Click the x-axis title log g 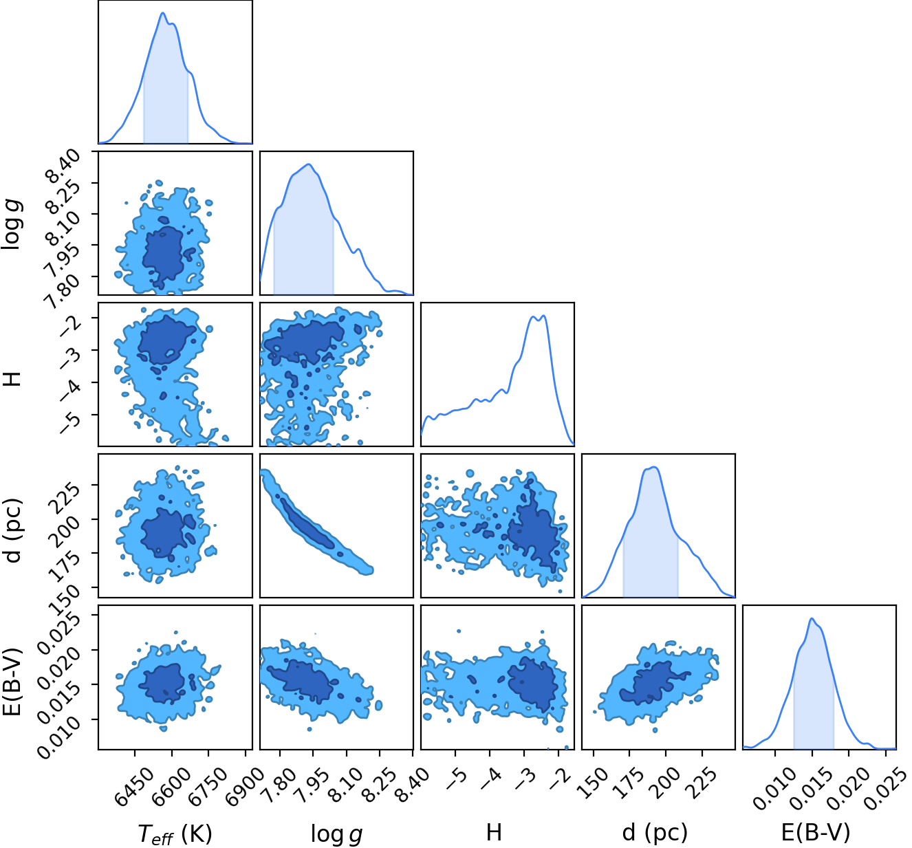336,834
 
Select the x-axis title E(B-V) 816,832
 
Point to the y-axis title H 13,379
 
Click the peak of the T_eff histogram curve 162,12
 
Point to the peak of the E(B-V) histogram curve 812,618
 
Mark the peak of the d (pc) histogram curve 655,467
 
